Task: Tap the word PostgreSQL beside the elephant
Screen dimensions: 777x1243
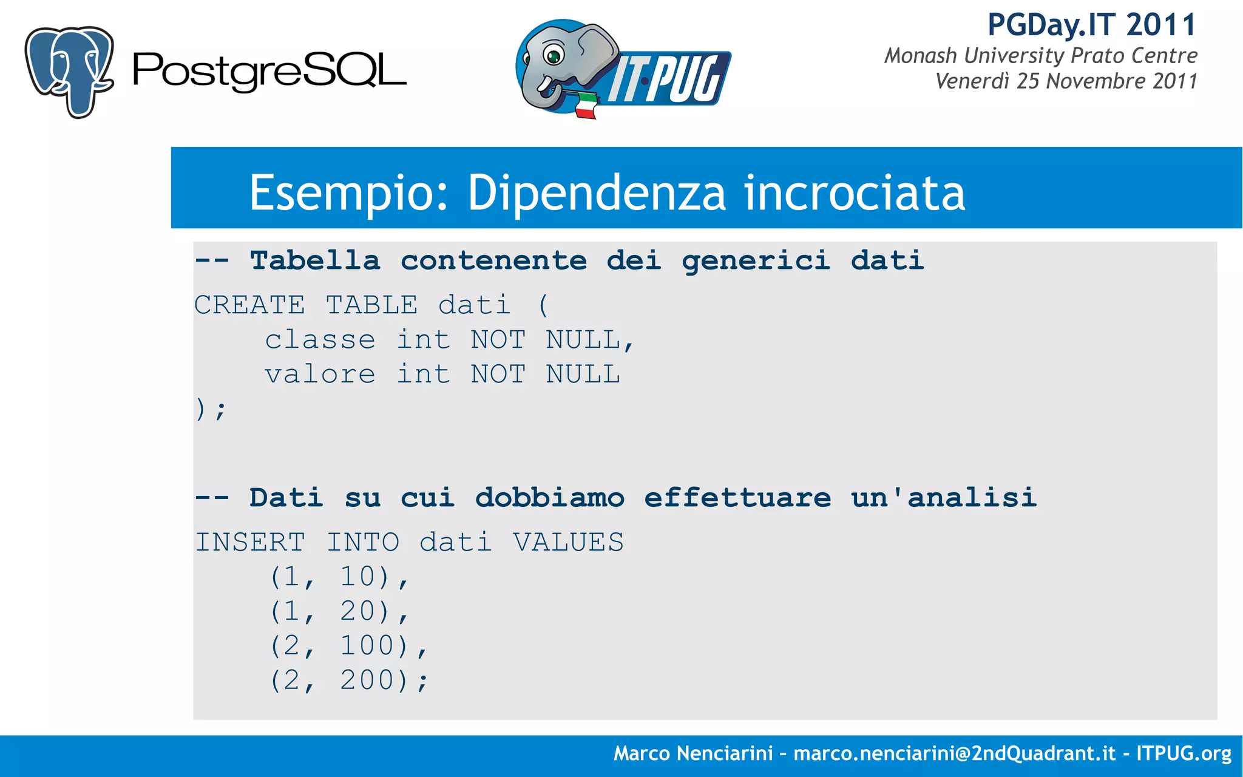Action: pyautogui.click(x=269, y=72)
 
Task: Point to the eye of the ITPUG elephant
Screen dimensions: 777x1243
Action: pyautogui.click(x=554, y=56)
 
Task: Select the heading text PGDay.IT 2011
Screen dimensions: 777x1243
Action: pyautogui.click(x=1091, y=25)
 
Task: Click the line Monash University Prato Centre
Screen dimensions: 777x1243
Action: pyautogui.click(x=1040, y=56)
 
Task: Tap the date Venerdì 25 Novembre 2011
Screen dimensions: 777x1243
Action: pyautogui.click(x=1066, y=81)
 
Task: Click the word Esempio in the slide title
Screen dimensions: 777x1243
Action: pyautogui.click(x=348, y=192)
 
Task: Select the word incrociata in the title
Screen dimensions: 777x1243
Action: pyautogui.click(x=855, y=192)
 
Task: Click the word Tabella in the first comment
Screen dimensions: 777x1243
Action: pyautogui.click(x=315, y=261)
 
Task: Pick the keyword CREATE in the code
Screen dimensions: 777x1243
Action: pyautogui.click(x=249, y=305)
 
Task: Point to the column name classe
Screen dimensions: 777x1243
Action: pyautogui.click(x=320, y=340)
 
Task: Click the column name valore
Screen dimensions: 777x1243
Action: pyautogui.click(x=320, y=375)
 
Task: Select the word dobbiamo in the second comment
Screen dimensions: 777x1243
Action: pyautogui.click(x=549, y=498)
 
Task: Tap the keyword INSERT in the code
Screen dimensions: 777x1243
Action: pyautogui.click(x=249, y=542)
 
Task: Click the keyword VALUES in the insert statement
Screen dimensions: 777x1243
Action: pyautogui.click(x=568, y=542)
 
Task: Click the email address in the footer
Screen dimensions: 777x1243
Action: pyautogui.click(x=954, y=753)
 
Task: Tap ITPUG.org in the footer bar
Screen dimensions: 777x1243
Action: pyautogui.click(x=1184, y=753)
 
